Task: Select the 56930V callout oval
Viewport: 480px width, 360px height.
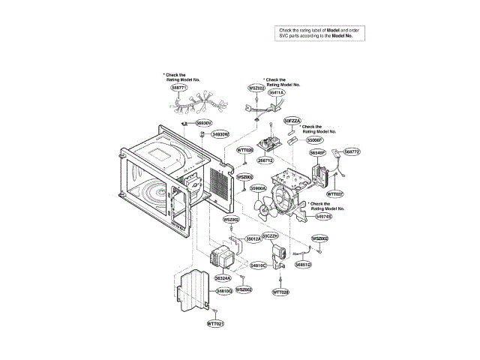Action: click(204, 122)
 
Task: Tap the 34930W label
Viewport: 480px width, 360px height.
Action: click(220, 133)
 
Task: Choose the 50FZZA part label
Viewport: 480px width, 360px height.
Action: click(292, 120)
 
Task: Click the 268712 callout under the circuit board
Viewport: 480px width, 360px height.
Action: click(265, 160)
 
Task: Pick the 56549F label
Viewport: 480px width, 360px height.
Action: click(318, 152)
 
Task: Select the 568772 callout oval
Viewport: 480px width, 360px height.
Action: click(352, 152)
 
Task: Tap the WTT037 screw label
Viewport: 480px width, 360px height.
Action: click(334, 193)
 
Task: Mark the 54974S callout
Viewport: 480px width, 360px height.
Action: click(324, 217)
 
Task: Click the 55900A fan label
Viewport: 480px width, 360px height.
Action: click(259, 188)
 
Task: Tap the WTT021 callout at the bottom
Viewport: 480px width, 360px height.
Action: click(215, 322)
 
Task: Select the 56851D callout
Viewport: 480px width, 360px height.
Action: click(303, 265)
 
